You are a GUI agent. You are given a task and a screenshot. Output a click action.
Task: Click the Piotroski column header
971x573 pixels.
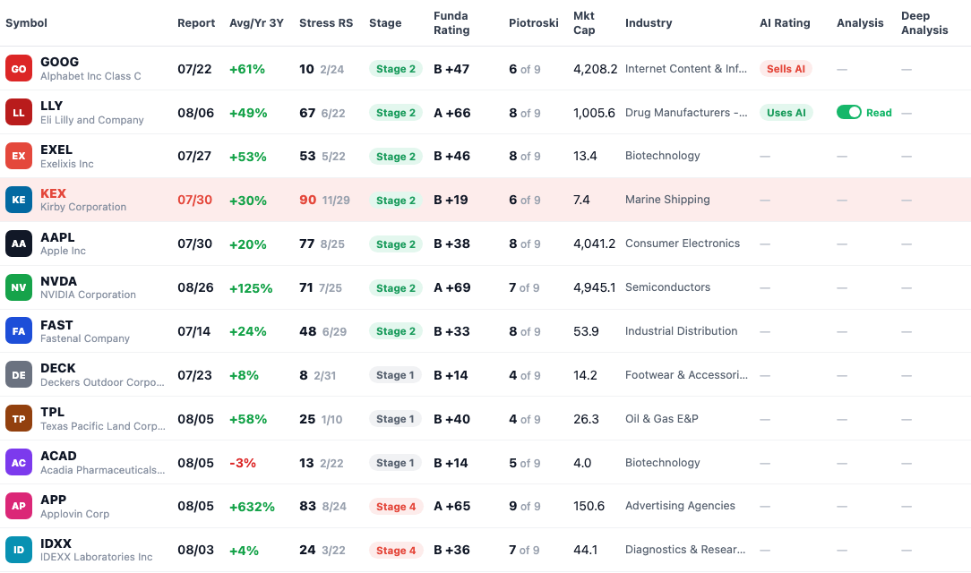533,23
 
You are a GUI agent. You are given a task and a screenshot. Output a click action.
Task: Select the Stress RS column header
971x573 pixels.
326,23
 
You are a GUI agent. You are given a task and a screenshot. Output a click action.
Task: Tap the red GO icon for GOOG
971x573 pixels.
19,69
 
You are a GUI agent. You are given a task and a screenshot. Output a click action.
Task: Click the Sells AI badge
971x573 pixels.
786,69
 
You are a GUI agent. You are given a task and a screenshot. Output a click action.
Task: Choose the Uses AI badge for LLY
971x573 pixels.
786,113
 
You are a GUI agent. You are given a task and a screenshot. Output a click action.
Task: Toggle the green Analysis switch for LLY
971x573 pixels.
849,112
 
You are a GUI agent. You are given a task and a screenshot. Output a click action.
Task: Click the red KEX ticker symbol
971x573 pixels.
53,193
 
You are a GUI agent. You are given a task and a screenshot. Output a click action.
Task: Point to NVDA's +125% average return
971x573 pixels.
251,287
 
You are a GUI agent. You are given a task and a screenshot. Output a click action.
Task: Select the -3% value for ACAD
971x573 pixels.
242,463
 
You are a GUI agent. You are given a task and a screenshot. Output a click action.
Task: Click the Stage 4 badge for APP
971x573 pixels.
396,507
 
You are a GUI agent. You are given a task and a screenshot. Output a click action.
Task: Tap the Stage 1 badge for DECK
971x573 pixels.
395,375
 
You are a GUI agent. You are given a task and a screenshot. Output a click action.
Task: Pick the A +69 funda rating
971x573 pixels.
452,287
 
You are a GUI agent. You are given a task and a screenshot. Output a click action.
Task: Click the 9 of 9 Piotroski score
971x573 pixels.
525,506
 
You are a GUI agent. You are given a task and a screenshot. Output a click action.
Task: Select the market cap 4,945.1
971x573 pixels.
595,287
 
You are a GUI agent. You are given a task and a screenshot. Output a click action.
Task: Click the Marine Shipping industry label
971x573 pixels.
667,200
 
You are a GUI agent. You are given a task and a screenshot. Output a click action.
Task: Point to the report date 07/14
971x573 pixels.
193,331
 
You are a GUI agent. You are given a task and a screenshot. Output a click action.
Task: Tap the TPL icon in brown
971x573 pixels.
19,419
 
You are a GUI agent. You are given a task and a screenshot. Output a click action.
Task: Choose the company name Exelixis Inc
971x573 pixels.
67,164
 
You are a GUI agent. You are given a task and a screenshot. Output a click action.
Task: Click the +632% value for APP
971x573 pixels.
252,507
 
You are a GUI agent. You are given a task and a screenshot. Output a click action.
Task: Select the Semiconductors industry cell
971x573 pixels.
667,287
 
